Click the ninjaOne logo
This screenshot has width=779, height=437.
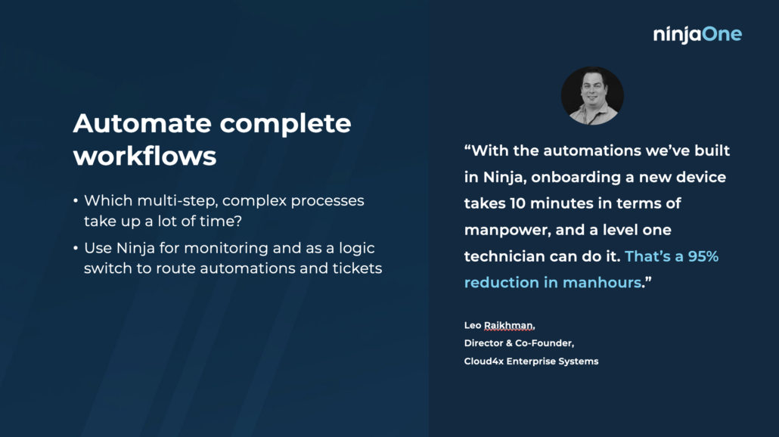pyautogui.click(x=697, y=34)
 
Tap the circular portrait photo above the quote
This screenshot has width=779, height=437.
pyautogui.click(x=592, y=96)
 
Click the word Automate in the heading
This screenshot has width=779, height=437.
pyautogui.click(x=142, y=123)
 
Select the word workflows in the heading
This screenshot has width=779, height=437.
pyautogui.click(x=144, y=156)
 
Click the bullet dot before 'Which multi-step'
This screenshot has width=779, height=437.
pyautogui.click(x=76, y=200)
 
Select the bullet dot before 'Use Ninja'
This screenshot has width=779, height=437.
pyautogui.click(x=76, y=248)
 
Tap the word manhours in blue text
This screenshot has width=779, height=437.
pyautogui.click(x=602, y=283)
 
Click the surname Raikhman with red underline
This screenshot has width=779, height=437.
pyautogui.click(x=509, y=326)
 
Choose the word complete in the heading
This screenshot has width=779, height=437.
pyautogui.click(x=285, y=124)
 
